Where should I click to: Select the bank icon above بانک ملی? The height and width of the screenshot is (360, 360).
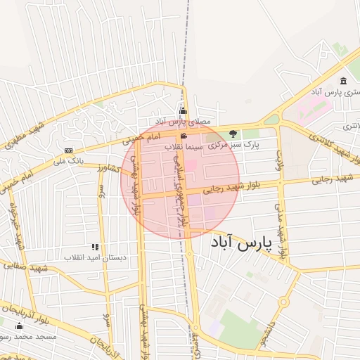pyautogui.click(x=68, y=150)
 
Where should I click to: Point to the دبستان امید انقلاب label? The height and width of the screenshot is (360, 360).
pyautogui.click(x=96, y=257)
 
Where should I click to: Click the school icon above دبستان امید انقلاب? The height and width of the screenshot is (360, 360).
pyautogui.click(x=95, y=247)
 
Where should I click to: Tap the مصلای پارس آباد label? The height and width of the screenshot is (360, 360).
pyautogui.click(x=183, y=121)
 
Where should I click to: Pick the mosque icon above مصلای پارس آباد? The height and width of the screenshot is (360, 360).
pyautogui.click(x=183, y=110)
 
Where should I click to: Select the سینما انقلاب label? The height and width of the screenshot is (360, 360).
pyautogui.click(x=184, y=148)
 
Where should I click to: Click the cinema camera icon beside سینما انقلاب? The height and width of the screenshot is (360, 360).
pyautogui.click(x=184, y=136)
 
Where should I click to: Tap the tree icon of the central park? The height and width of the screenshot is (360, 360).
pyautogui.click(x=233, y=133)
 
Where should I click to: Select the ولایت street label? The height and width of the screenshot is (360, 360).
pyautogui.click(x=279, y=162)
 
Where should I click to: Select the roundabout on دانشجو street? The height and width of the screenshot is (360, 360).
pyautogui.click(x=283, y=302)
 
